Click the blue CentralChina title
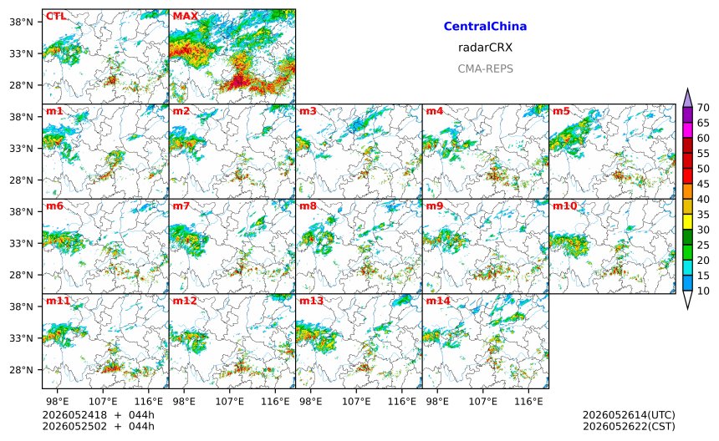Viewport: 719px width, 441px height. [485, 26]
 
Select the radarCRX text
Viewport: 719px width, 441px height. [485, 47]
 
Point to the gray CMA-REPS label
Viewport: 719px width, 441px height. [485, 68]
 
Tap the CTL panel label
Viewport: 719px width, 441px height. [56, 17]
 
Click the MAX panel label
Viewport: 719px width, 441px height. [186, 17]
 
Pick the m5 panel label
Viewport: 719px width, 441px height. [561, 111]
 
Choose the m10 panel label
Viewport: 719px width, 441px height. [564, 205]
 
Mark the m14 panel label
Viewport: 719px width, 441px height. [438, 301]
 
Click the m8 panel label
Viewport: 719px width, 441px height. [308, 205]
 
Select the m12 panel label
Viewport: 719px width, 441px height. [185, 301]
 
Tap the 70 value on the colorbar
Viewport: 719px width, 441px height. [703, 108]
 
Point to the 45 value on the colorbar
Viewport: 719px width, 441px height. [703, 184]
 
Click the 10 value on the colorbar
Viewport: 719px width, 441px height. [703, 291]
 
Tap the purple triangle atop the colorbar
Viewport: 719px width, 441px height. [687, 98]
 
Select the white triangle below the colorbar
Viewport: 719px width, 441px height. [687, 300]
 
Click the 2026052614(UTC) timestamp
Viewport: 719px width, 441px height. [629, 415]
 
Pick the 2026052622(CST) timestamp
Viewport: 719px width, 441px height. [629, 426]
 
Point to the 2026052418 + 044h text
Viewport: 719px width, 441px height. [98, 415]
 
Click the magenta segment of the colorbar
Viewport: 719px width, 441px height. [687, 130]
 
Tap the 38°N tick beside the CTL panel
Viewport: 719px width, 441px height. [21, 22]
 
